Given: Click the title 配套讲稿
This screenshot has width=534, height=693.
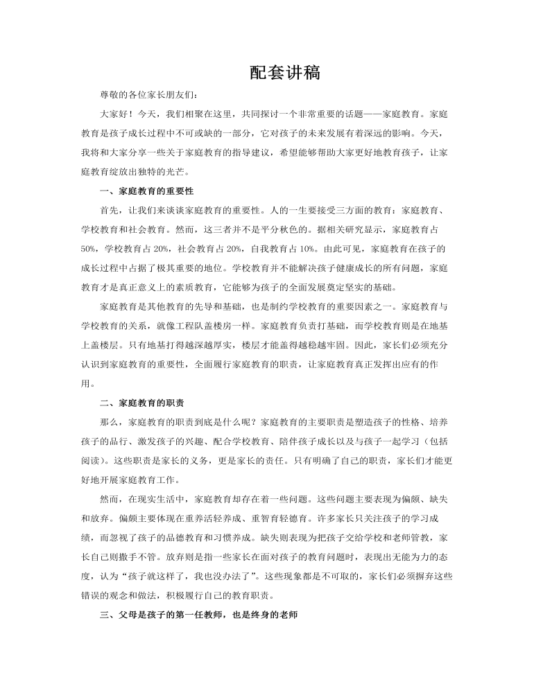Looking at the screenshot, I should pyautogui.click(x=284, y=73).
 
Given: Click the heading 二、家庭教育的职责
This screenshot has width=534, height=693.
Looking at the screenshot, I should pyautogui.click(x=137, y=402).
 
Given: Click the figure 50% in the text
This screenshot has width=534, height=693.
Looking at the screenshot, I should pyautogui.click(x=88, y=247).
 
